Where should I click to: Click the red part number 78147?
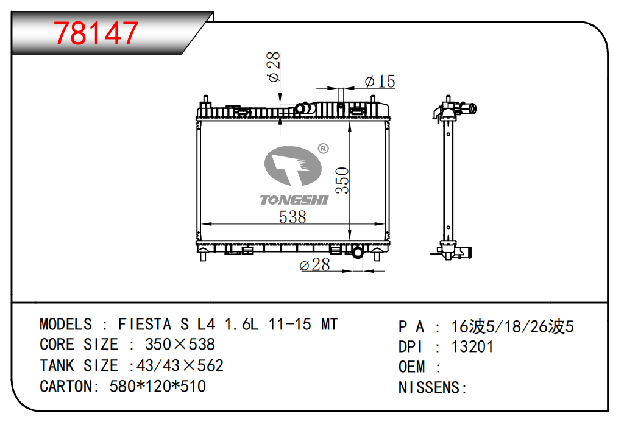click(x=96, y=33)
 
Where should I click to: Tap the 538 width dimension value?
click(x=292, y=217)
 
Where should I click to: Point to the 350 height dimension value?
click(x=342, y=181)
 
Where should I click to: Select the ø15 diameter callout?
click(x=380, y=81)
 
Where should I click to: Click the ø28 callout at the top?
click(x=274, y=66)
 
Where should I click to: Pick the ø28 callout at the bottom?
click(x=315, y=265)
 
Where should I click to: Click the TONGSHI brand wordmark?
click(x=294, y=200)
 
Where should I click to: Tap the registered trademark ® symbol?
click(x=323, y=149)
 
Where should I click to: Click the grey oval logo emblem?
click(x=293, y=166)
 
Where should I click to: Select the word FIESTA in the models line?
click(x=144, y=325)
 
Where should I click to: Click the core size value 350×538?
click(x=180, y=345)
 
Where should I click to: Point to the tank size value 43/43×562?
click(x=180, y=365)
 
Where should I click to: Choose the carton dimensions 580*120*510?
click(x=158, y=386)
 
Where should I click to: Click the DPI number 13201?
click(x=472, y=347)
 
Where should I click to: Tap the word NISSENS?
click(x=429, y=388)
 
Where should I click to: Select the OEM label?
click(x=411, y=367)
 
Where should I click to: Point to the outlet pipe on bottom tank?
click(x=357, y=252)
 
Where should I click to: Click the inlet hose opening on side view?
click(x=472, y=108)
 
